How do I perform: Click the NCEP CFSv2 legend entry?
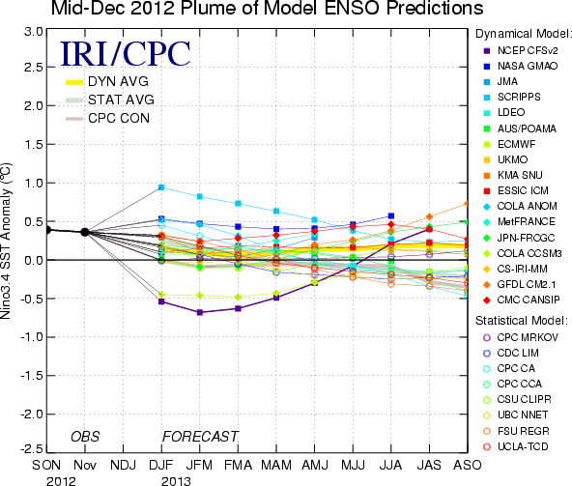click(521, 50)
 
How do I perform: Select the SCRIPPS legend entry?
click(512, 97)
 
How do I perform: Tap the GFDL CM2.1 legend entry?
click(520, 284)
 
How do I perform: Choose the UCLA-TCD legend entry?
click(515, 446)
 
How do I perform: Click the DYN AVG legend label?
click(118, 81)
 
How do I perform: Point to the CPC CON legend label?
click(119, 118)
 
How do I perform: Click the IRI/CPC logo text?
click(126, 54)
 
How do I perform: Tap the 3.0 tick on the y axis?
click(34, 32)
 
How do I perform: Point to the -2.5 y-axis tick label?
click(32, 448)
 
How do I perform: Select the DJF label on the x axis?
click(161, 465)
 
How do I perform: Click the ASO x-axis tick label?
click(468, 465)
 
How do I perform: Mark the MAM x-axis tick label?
click(276, 465)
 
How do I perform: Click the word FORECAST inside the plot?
click(200, 437)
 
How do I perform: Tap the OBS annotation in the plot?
click(85, 437)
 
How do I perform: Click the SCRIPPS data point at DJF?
click(161, 187)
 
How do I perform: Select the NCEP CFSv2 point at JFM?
click(200, 312)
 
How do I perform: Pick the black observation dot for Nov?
click(85, 232)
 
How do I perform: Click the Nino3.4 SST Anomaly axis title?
click(6, 242)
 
